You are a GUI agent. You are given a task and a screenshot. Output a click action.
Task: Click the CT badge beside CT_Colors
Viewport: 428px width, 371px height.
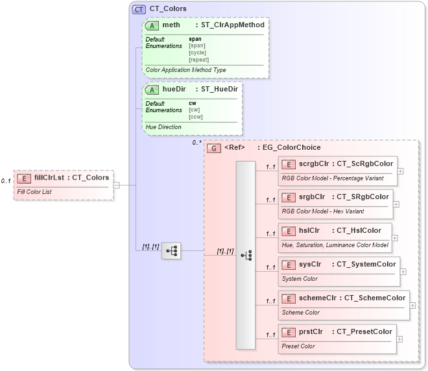139,9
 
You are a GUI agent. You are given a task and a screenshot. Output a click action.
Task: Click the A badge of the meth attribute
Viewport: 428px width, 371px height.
152,25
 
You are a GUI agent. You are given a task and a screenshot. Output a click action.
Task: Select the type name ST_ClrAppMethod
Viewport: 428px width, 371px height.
233,25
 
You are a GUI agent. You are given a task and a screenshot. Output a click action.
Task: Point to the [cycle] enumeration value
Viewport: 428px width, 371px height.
198,53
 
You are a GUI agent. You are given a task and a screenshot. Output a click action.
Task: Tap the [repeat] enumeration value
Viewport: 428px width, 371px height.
198,60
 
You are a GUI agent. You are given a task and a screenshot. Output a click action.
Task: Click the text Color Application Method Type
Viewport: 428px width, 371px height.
185,70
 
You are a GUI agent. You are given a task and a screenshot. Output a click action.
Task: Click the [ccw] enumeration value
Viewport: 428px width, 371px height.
195,117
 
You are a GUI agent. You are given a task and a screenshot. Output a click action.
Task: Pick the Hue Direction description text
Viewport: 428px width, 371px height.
163,127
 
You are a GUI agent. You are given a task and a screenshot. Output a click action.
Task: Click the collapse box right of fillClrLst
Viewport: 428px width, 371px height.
116,185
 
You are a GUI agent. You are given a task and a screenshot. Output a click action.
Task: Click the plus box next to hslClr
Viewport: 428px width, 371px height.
395,238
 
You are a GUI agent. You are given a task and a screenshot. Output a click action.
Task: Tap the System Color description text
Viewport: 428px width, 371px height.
300,279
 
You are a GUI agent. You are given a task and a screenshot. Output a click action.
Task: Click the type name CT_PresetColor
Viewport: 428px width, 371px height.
364,331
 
